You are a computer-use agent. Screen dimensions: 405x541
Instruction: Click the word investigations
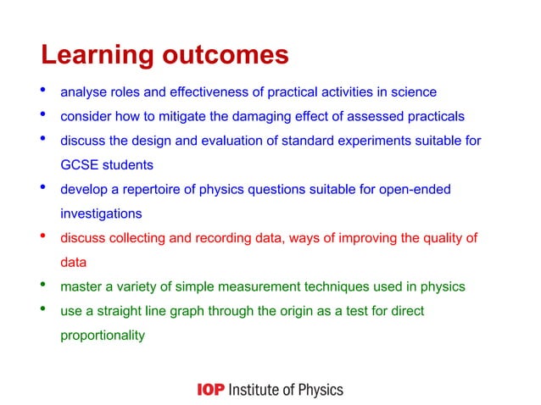click(x=100, y=214)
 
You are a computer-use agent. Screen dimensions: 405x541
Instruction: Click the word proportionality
click(x=102, y=336)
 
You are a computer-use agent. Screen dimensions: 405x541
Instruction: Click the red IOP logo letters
click(x=209, y=390)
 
